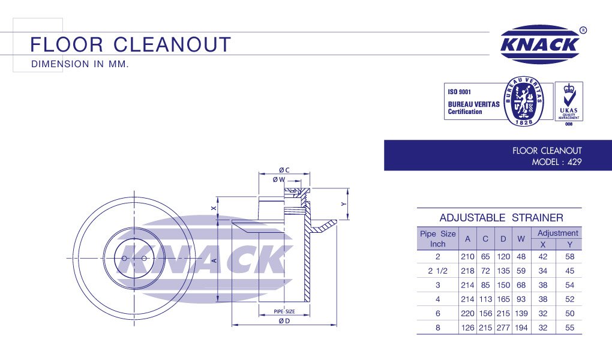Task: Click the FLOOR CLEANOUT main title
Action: (130, 44)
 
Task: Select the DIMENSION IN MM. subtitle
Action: (80, 64)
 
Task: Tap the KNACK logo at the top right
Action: (539, 44)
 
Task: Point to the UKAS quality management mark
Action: (568, 101)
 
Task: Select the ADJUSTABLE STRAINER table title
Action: (501, 217)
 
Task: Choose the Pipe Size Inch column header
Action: (437, 238)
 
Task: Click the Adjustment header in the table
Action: (557, 233)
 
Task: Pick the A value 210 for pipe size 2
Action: (467, 256)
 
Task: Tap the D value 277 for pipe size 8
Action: (503, 328)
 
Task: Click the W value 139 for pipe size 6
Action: (521, 314)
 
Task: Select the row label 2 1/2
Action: (437, 271)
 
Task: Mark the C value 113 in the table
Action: (485, 299)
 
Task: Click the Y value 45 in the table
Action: (569, 271)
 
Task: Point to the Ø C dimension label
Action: (284, 170)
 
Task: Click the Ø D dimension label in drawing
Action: (284, 321)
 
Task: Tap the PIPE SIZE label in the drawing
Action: (284, 311)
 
